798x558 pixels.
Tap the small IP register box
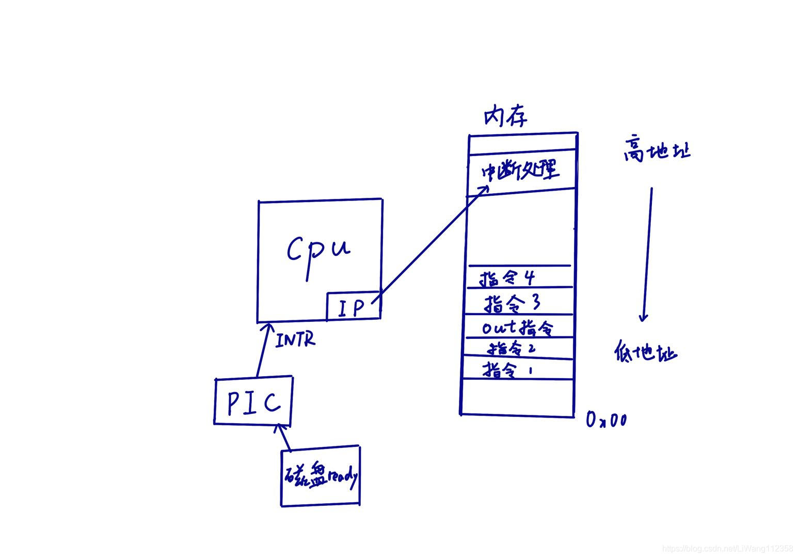click(353, 306)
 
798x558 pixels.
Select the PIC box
click(253, 401)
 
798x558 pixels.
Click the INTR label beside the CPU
click(295, 340)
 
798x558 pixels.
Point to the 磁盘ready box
click(321, 476)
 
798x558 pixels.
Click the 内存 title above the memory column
click(505, 117)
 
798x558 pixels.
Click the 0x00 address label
click(607, 420)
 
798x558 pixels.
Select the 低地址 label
click(646, 353)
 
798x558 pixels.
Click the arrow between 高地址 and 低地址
click(647, 253)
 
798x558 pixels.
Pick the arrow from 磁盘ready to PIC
click(284, 437)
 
